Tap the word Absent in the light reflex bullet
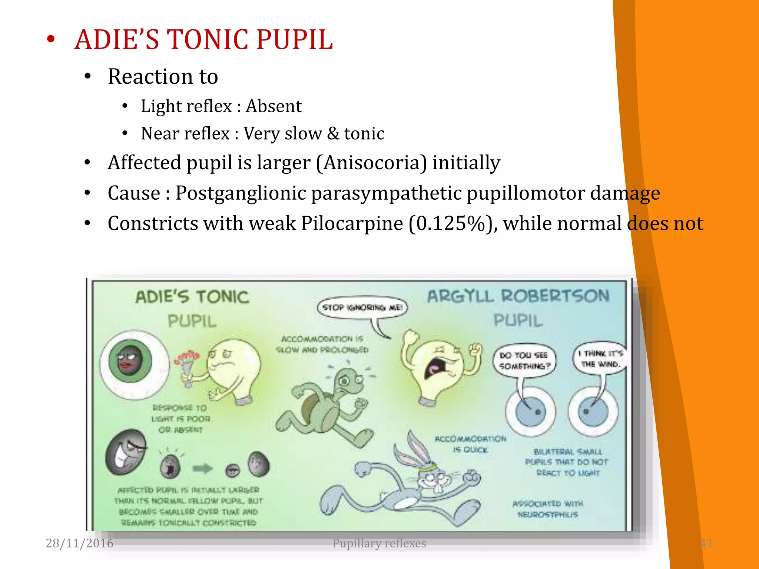(x=274, y=106)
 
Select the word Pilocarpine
(x=352, y=223)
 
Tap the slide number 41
(x=706, y=543)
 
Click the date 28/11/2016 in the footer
(x=79, y=543)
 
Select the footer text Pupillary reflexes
(x=379, y=543)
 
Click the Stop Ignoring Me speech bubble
(x=362, y=307)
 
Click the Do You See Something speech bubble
(x=524, y=361)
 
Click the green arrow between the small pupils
(x=203, y=469)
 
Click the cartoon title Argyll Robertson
(x=518, y=296)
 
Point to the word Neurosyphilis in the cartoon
(x=547, y=515)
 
